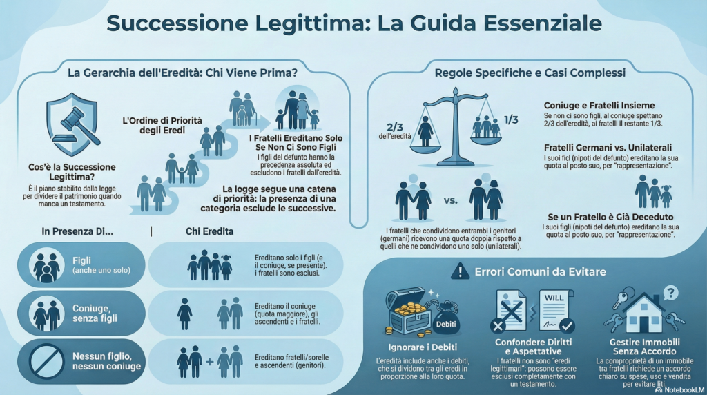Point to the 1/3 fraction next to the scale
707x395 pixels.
pyautogui.click(x=511, y=119)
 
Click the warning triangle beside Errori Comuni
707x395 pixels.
pyautogui.click(x=460, y=271)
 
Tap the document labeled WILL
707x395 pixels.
pyautogui.click(x=556, y=311)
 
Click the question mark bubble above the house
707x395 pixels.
pyautogui.click(x=671, y=293)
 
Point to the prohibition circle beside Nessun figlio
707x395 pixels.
pyautogui.click(x=46, y=361)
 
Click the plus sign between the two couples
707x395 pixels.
pyautogui.click(x=210, y=362)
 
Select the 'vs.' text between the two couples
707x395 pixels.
pyautogui.click(x=450, y=201)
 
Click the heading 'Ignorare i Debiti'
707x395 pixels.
pyautogui.click(x=423, y=347)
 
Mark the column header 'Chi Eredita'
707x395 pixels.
pyautogui.click(x=210, y=231)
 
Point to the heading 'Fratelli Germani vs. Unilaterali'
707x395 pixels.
pyautogui.click(x=608, y=148)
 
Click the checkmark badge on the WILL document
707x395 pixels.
pyautogui.click(x=566, y=325)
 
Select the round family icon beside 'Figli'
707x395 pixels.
pyautogui.click(x=46, y=265)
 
